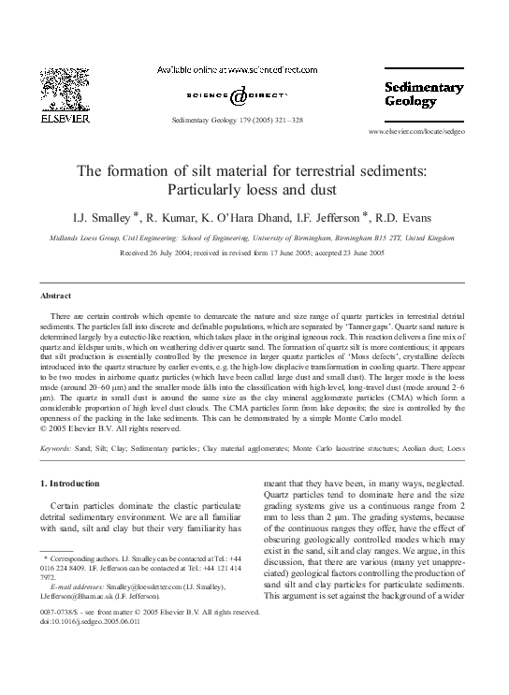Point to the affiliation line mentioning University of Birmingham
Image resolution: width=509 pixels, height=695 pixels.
pos(254,239)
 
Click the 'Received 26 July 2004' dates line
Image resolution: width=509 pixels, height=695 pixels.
pos(254,253)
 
